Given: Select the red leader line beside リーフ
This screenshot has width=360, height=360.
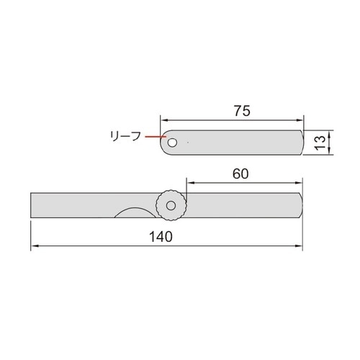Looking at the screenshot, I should [x=153, y=136].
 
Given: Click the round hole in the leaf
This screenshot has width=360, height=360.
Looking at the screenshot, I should [x=172, y=143].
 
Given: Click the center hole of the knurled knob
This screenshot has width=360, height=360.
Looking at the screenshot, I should [x=171, y=206].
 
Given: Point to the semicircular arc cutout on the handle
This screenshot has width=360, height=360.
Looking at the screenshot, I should [x=132, y=211].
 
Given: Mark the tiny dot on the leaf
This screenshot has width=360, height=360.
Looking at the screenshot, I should [x=189, y=143].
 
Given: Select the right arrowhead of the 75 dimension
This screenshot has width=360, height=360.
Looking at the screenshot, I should [x=301, y=120].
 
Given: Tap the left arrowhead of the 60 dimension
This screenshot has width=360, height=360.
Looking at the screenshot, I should [x=189, y=182].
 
